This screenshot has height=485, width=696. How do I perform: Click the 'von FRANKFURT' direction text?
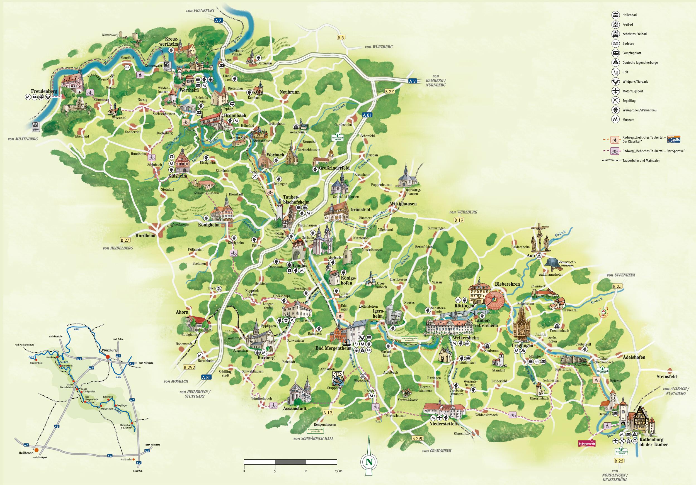coord(201,11)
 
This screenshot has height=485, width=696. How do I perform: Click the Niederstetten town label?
coord(443,424)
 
